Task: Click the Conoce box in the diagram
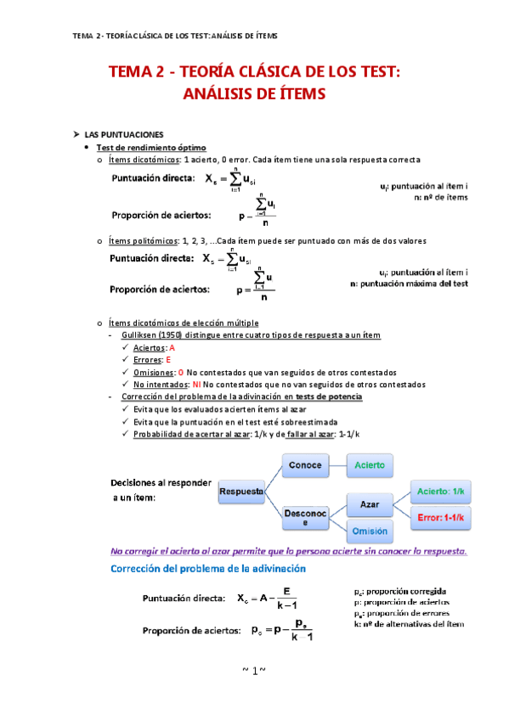305,465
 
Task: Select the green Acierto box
370,465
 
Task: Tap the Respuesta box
241,492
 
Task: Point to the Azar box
370,504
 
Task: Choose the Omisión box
370,531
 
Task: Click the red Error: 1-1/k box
440,517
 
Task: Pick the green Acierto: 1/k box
440,492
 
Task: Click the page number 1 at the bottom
254,672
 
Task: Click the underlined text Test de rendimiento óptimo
150,147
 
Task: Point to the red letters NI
196,384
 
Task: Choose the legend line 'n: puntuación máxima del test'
409,284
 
